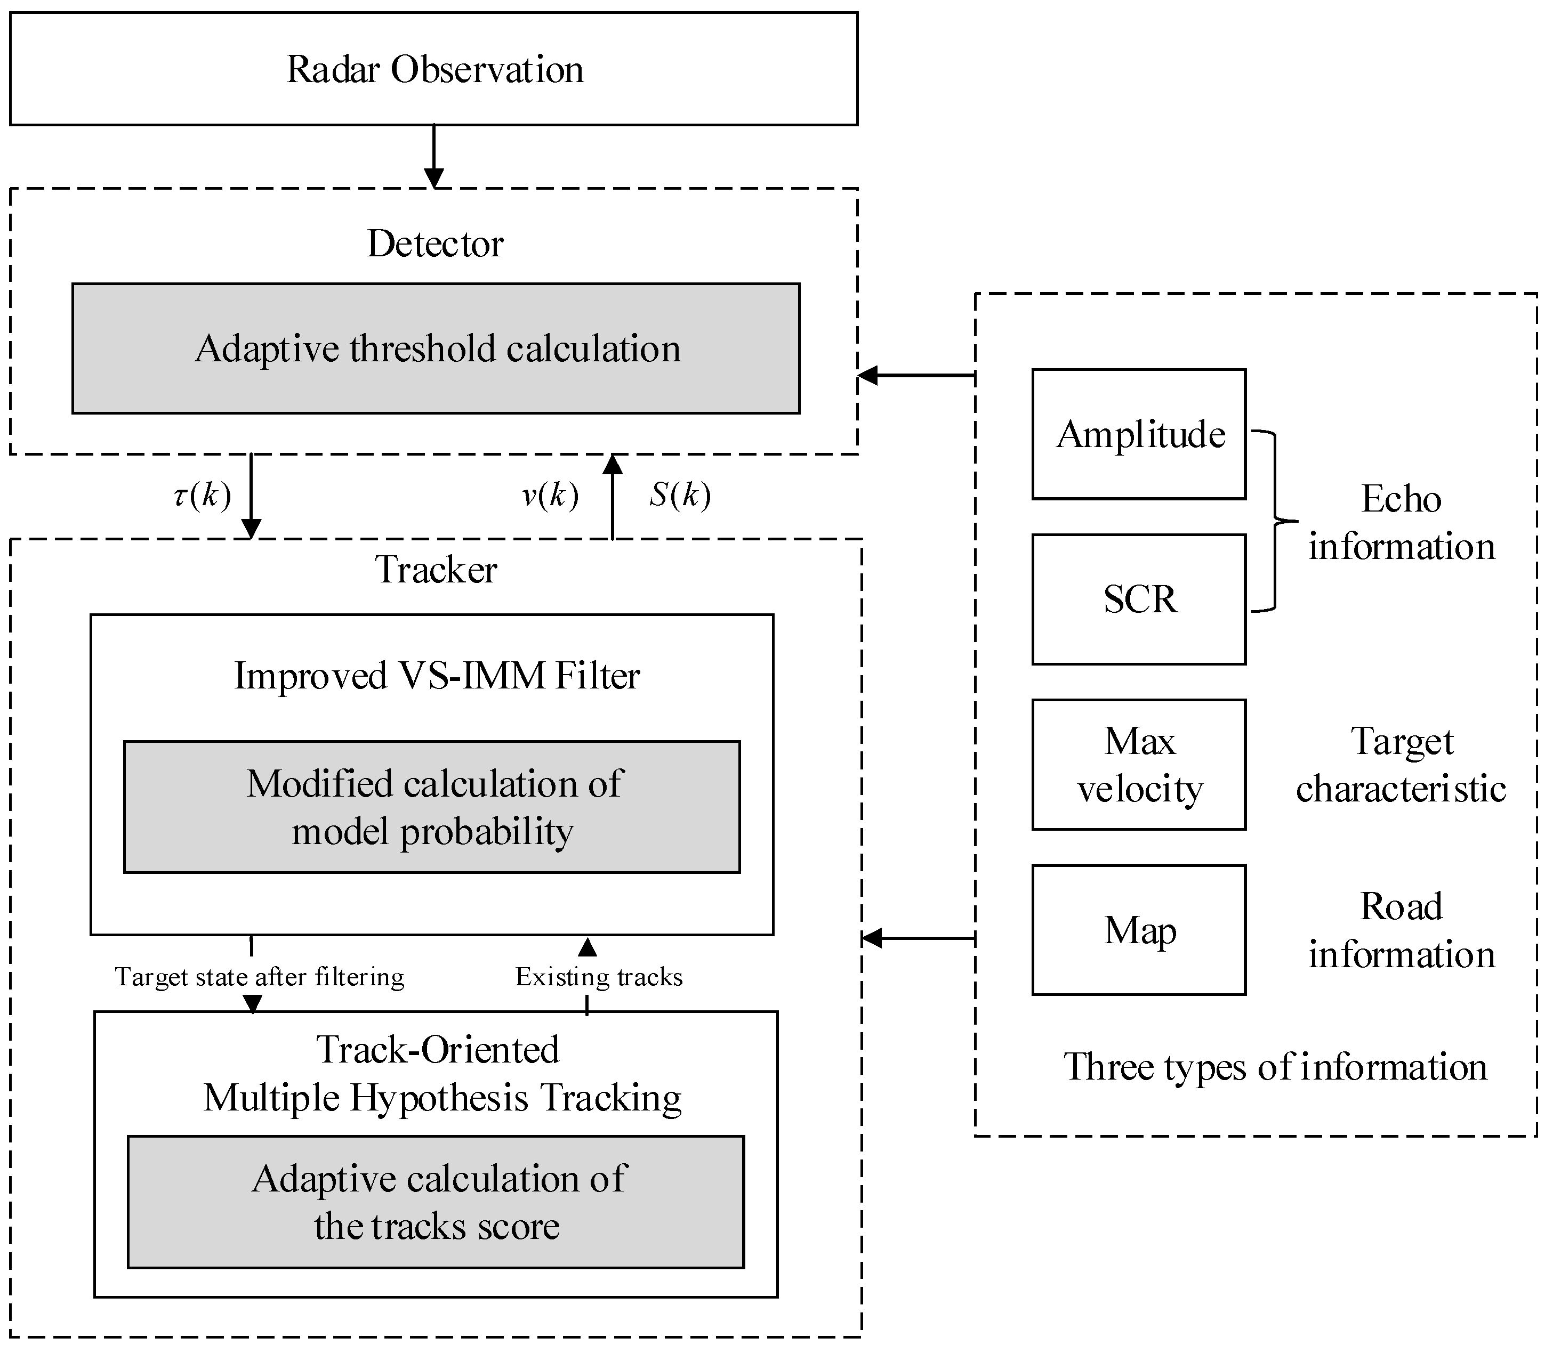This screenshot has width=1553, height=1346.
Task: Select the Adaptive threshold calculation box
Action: [436, 348]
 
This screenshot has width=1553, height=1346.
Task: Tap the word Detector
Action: [435, 244]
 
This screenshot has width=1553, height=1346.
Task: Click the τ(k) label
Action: [202, 495]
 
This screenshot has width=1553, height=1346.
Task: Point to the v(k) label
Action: [550, 495]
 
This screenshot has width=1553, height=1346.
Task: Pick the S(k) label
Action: [679, 495]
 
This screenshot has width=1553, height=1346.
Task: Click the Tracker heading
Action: [436, 569]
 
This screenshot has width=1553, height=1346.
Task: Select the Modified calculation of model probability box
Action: [432, 807]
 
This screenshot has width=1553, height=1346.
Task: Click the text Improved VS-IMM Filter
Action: [437, 675]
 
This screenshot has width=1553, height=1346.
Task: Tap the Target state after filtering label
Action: [259, 976]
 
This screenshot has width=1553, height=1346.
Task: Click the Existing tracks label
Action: [599, 976]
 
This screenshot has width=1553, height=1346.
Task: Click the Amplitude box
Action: [1139, 434]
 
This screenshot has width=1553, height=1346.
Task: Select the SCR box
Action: [1139, 599]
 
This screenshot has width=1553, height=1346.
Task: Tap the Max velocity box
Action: [1139, 765]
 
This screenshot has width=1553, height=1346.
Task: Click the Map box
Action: [1139, 930]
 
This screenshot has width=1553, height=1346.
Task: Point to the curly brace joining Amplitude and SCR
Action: [1275, 521]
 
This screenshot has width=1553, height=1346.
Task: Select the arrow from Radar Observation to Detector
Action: [434, 156]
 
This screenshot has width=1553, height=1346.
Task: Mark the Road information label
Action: [1401, 930]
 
